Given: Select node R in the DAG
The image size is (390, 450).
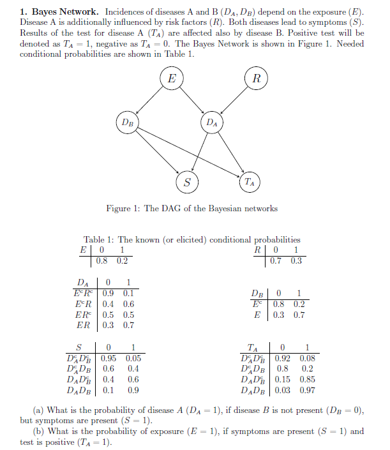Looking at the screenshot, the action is (256, 79).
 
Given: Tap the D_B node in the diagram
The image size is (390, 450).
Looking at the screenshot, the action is (127, 122).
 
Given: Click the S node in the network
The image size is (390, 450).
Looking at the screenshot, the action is (186, 183).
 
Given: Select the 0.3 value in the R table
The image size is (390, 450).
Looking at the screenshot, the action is (296, 260).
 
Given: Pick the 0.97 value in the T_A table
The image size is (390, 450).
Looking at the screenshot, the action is (308, 389).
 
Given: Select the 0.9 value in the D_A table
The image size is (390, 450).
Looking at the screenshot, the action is (109, 294).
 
